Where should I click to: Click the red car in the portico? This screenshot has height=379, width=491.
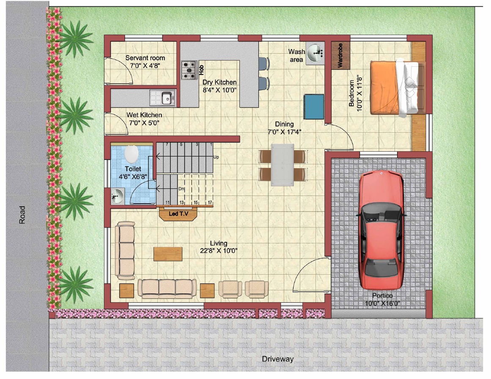[381, 230]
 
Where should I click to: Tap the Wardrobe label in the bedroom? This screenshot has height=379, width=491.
[340, 55]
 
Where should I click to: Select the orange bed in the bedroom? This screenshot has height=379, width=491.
[394, 87]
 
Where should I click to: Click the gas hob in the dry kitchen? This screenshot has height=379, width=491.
[189, 71]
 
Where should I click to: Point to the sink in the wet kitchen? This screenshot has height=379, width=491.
[162, 98]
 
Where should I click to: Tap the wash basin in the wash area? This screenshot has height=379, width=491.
[315, 54]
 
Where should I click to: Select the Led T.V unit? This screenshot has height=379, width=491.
[178, 214]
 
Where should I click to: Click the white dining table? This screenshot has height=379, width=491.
[283, 165]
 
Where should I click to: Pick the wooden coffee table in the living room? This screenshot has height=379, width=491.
[168, 254]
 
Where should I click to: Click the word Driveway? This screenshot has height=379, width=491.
[278, 359]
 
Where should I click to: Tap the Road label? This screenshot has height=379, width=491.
[22, 215]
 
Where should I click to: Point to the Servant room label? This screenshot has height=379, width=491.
[145, 58]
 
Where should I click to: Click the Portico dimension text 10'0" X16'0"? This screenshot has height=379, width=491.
[382, 303]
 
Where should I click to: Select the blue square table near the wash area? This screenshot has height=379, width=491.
[314, 106]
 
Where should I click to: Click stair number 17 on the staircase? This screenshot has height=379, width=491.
[210, 202]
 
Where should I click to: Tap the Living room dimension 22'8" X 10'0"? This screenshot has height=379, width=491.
[219, 251]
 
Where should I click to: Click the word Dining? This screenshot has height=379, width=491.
[284, 124]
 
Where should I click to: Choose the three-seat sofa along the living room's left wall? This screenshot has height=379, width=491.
[125, 251]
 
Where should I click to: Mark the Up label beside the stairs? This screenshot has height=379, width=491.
[216, 157]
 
